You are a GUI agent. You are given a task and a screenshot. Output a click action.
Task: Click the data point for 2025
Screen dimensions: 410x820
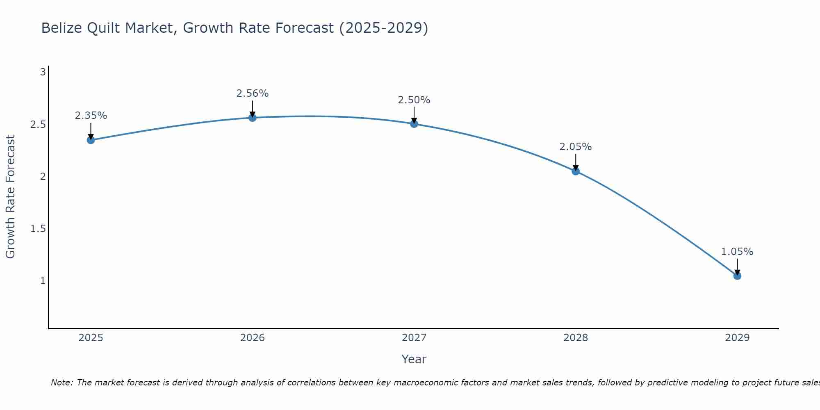91,140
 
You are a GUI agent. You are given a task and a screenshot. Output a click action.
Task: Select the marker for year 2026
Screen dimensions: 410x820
253,118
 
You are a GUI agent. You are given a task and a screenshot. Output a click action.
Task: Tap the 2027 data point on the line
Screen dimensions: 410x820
414,124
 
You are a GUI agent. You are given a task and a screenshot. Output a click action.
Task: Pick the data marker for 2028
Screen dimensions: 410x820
576,171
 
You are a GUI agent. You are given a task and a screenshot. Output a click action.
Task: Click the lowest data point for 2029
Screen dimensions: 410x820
737,276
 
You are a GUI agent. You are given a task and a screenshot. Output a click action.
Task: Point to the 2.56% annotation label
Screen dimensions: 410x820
253,93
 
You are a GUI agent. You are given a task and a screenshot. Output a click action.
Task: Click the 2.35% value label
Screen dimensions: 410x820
91,116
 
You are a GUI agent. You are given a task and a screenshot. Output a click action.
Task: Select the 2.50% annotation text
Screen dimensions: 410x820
414,100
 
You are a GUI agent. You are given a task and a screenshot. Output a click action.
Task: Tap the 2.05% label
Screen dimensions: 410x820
576,147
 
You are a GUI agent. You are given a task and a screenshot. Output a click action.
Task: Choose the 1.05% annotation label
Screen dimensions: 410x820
737,252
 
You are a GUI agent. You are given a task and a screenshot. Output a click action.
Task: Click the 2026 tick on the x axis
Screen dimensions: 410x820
253,338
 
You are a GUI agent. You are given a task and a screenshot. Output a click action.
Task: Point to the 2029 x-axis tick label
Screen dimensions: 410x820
737,338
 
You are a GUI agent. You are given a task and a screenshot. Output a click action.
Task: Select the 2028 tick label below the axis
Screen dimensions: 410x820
576,338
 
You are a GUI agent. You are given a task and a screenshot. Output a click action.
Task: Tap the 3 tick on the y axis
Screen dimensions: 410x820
43,73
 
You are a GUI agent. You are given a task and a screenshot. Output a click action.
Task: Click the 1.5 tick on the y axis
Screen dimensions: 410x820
38,229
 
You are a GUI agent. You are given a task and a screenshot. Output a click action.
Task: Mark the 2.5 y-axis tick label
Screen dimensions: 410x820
38,125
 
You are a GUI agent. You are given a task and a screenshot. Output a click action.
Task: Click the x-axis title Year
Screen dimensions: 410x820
414,359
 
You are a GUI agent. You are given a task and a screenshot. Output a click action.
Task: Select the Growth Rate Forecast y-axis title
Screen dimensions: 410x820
10,197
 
